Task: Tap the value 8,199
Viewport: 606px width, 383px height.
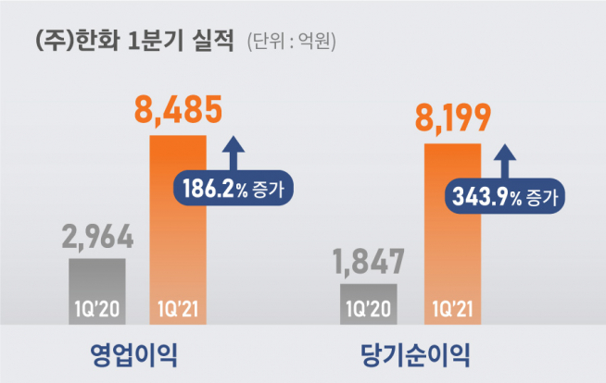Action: tap(454, 119)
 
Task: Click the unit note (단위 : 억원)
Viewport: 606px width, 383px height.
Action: tap(291, 42)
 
